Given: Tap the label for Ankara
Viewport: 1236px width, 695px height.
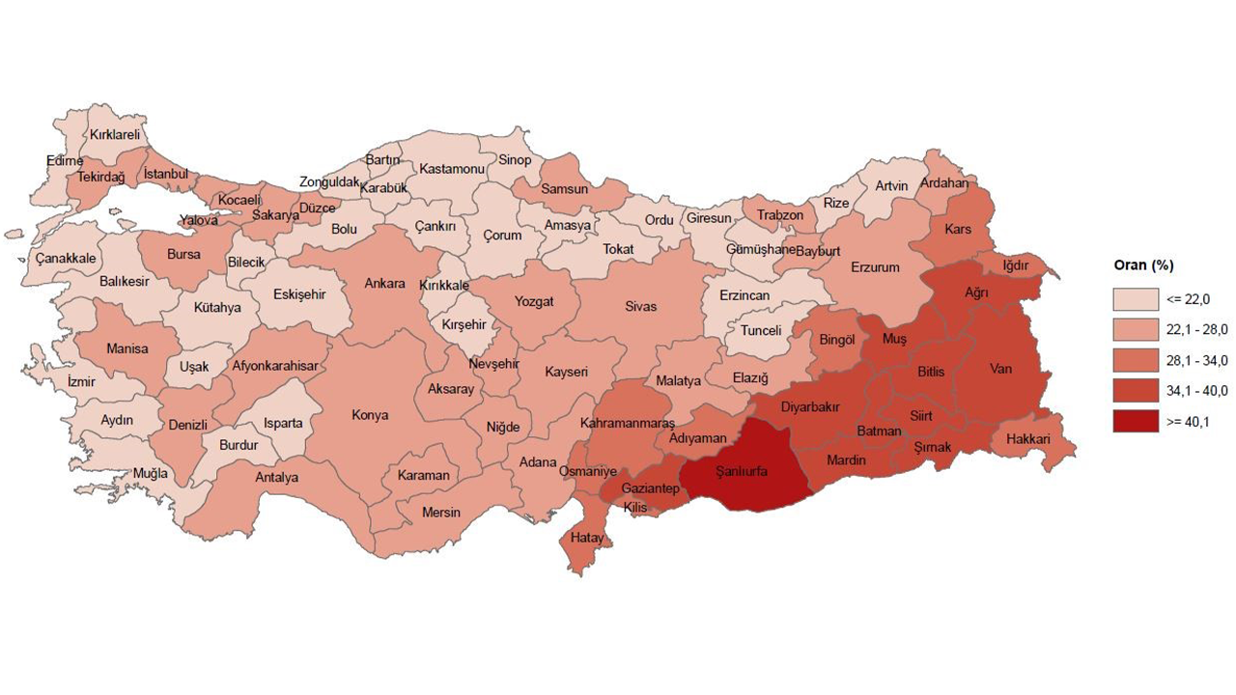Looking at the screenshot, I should click(384, 284).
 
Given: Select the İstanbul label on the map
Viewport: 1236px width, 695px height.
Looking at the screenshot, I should click(166, 174).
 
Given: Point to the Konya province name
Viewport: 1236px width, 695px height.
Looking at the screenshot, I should click(370, 415).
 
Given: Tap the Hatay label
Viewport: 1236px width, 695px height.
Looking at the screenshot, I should click(587, 538).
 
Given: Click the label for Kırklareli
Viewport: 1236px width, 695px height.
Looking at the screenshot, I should click(115, 135).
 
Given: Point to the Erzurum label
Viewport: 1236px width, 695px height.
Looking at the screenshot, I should click(875, 267).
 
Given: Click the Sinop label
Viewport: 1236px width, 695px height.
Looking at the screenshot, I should click(515, 159).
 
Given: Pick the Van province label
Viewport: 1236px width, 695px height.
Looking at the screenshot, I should click(1000, 368).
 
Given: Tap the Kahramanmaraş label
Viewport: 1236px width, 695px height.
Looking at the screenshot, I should click(628, 424).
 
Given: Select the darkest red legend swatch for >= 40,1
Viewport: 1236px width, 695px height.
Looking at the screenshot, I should click(1136, 421).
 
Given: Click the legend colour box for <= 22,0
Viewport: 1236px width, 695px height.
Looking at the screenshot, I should click(1136, 297).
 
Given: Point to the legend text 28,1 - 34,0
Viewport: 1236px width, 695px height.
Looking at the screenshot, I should click(1197, 360).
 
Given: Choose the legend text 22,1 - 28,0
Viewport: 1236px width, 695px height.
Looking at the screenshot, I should click(1197, 329).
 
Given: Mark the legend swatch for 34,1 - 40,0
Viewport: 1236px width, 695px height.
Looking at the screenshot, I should click(1136, 390).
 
